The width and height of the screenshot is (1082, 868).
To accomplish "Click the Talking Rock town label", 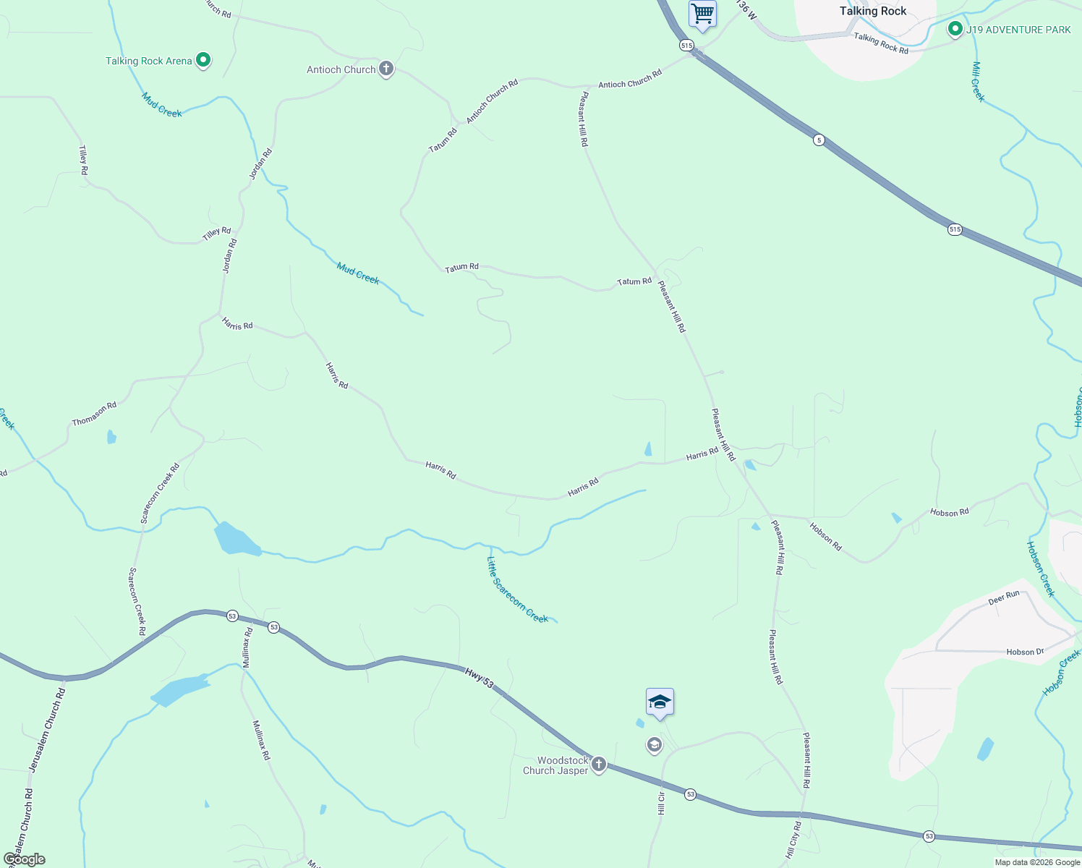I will coord(872,11).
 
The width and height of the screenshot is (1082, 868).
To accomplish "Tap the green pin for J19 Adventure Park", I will coord(955,30).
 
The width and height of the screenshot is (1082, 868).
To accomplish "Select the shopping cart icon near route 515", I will coord(702,14).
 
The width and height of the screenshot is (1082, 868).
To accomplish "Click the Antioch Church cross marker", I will coord(386,69).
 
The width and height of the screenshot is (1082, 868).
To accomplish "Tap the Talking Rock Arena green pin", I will coord(203,60).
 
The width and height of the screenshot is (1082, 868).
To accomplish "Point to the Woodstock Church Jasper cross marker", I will coord(599,764).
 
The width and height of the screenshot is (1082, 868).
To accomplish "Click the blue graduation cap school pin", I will coord(660,702).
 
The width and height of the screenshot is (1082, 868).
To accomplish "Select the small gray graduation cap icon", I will coord(655,745).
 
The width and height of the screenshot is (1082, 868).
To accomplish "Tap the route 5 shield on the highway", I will coord(818,140).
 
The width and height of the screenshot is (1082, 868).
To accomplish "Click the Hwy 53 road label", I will coord(479,678).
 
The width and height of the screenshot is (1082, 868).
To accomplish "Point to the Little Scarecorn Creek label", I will coord(517,590).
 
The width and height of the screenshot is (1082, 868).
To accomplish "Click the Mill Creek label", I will coord(978,82).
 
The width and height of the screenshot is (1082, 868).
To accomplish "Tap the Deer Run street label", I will coord(1004,597).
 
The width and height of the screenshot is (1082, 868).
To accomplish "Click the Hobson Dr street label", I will coord(1025,652).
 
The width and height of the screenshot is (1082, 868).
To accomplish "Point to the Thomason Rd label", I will coord(94,414).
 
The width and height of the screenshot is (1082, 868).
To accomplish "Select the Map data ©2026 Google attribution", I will coord(1037,862).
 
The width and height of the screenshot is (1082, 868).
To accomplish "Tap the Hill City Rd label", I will coord(793,840).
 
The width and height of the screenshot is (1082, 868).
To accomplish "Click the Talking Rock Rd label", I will coord(880,43).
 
